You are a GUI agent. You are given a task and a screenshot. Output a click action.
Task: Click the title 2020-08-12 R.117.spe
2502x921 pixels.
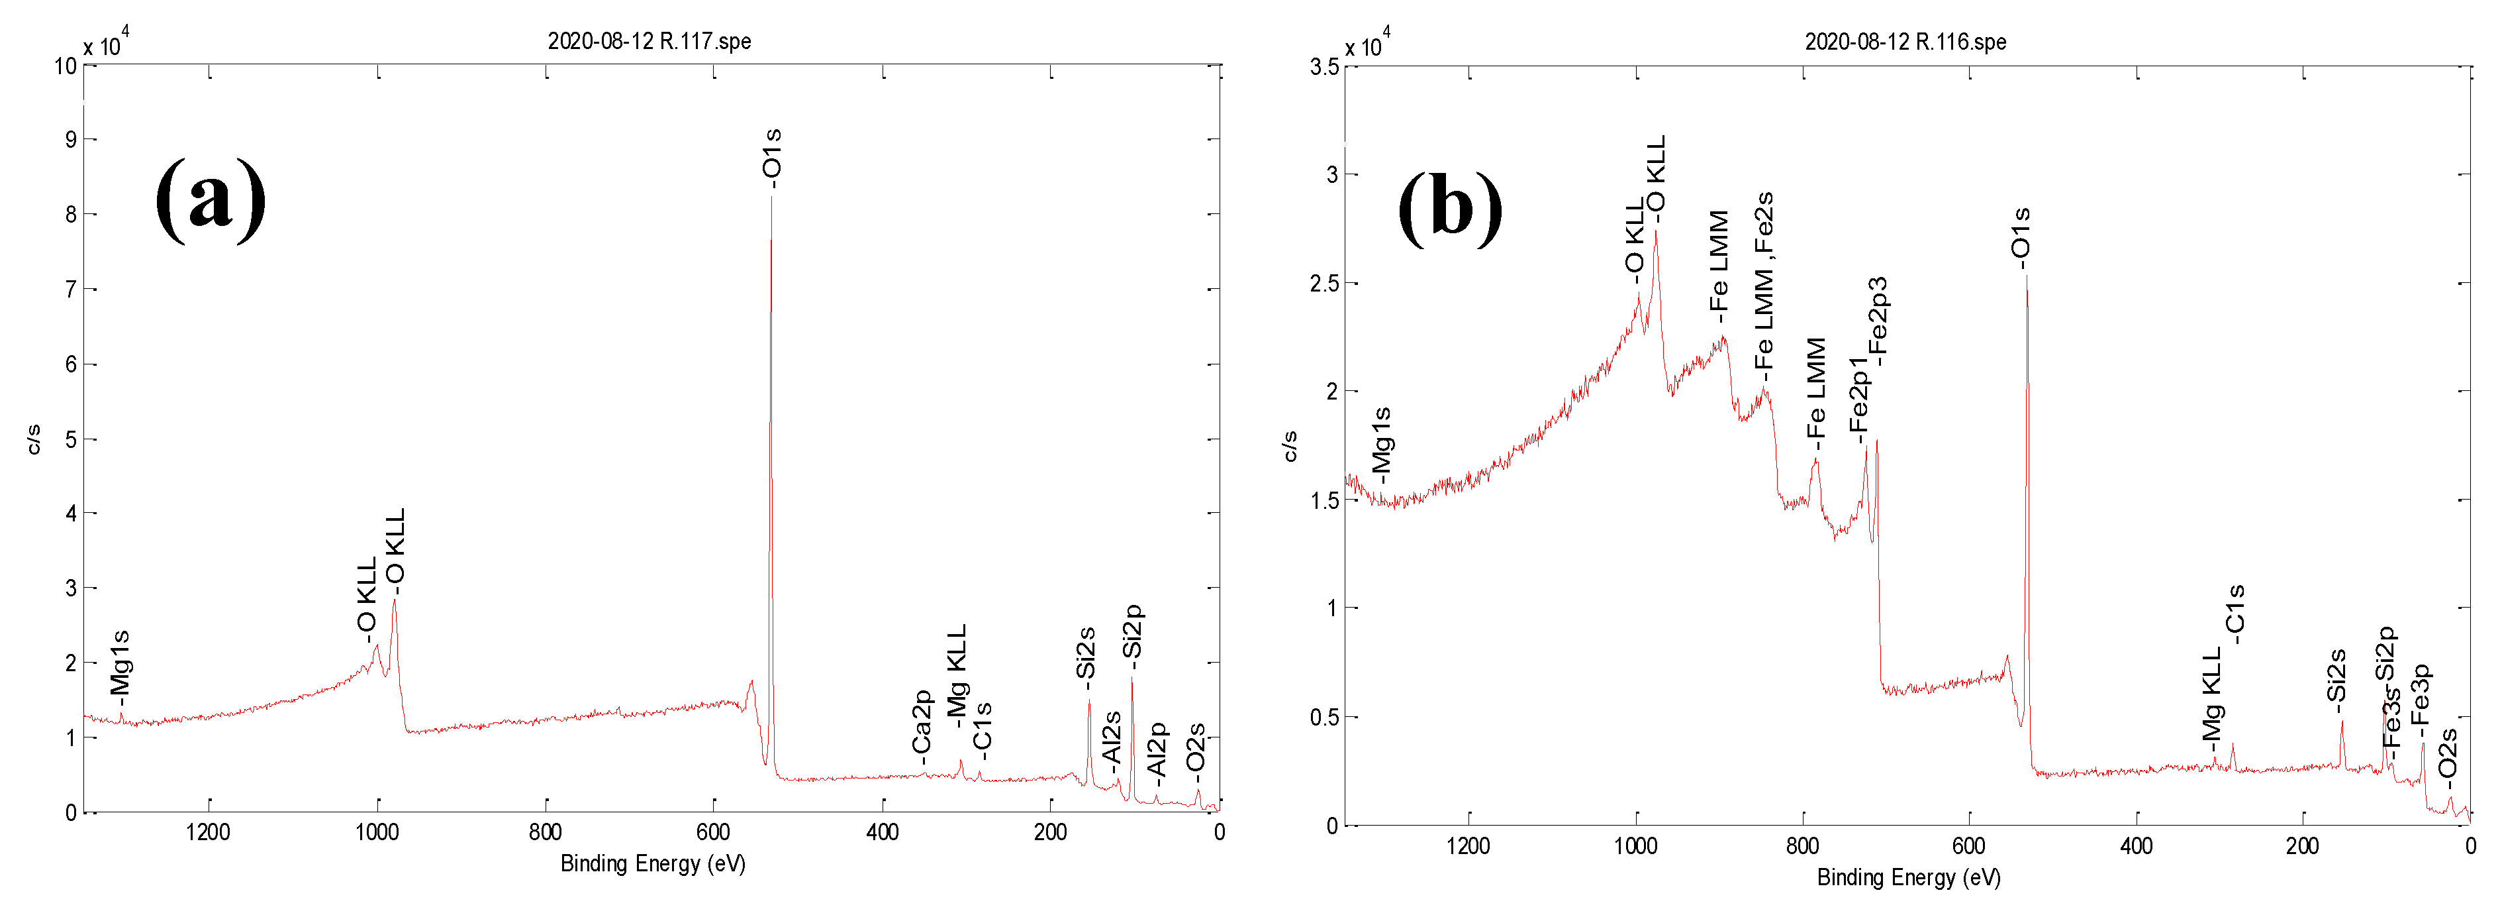[649, 41]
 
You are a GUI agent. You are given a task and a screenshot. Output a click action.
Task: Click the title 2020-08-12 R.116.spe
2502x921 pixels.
[1905, 42]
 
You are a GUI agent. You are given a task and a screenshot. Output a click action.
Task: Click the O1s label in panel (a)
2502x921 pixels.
[772, 156]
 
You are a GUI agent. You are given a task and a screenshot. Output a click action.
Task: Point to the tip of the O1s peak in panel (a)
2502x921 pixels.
[771, 197]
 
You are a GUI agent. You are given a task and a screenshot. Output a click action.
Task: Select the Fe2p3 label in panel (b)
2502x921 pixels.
[1878, 321]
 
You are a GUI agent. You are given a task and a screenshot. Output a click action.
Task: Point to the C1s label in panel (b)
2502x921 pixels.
[2234, 614]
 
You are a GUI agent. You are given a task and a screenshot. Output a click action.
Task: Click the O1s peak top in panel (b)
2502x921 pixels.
[2026, 278]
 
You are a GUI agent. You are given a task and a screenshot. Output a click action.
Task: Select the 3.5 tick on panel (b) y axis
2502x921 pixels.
[1324, 66]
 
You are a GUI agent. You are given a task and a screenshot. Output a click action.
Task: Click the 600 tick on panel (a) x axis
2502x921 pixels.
[713, 833]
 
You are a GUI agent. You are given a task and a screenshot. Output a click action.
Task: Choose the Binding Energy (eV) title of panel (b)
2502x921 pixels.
[1909, 877]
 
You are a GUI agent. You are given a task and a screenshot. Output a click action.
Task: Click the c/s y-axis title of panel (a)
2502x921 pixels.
[34, 439]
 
